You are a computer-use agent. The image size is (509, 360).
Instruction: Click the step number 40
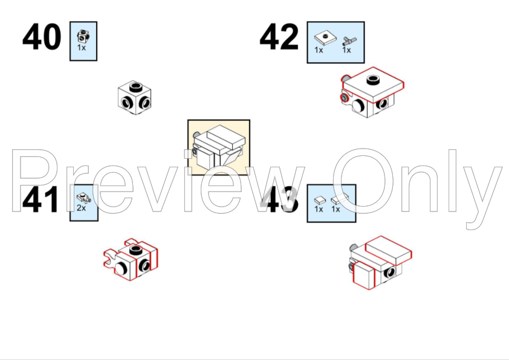click(x=42, y=37)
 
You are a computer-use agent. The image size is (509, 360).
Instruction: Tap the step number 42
click(x=279, y=37)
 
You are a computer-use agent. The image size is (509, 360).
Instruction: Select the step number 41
click(x=41, y=200)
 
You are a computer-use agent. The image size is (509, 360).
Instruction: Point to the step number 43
click(x=279, y=200)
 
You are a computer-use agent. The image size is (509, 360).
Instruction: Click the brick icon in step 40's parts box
click(x=83, y=36)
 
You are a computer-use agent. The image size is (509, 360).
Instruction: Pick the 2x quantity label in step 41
click(x=81, y=208)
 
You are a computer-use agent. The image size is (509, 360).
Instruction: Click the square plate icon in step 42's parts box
click(x=325, y=39)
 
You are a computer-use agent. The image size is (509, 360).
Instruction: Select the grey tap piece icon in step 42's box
click(x=349, y=41)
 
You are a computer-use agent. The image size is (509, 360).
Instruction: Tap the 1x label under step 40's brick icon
click(x=81, y=48)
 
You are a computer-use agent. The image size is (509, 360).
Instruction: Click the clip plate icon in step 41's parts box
click(x=83, y=198)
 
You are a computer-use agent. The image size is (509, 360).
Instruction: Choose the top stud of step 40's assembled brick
click(x=135, y=87)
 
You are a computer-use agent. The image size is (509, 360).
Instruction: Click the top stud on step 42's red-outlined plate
click(x=373, y=80)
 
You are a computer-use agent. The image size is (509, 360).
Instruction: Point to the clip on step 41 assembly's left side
click(x=111, y=258)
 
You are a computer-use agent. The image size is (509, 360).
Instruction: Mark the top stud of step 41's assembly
click(x=135, y=249)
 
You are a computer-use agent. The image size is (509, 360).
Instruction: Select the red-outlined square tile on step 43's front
click(x=363, y=275)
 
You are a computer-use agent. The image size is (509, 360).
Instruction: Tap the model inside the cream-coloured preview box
click(x=218, y=147)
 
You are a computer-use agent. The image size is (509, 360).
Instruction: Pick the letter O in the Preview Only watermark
click(x=363, y=181)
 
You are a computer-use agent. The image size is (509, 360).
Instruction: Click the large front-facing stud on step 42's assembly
click(x=358, y=106)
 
